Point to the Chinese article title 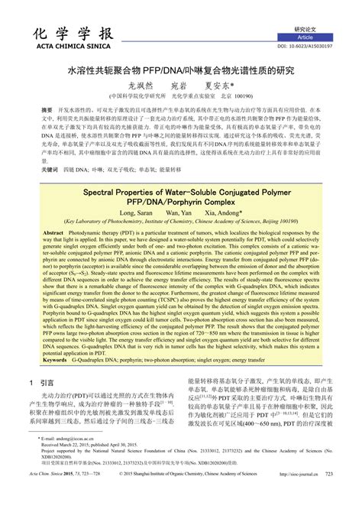(181, 70)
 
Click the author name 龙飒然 (142, 86)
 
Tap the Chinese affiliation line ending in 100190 (181, 97)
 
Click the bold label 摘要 (47, 110)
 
